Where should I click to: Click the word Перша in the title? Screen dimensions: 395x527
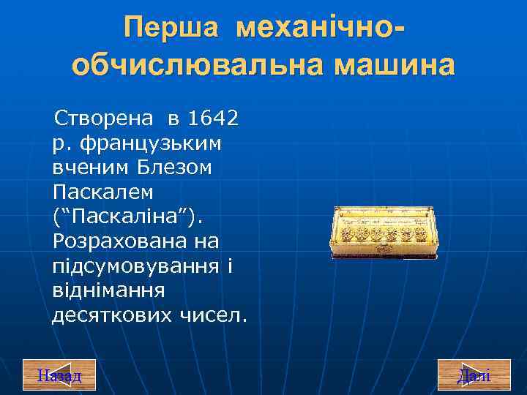171,29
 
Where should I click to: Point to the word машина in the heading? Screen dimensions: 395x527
395,65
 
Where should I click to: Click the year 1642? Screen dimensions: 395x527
214,117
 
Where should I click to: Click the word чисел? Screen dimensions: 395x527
213,316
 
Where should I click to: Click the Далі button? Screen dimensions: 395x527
474,375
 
